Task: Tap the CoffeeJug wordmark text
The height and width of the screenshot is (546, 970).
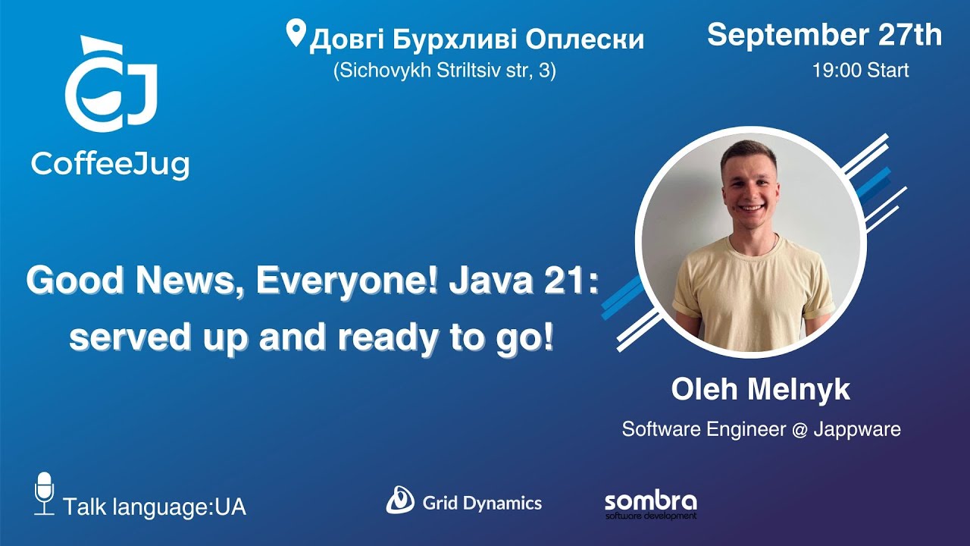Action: (111, 163)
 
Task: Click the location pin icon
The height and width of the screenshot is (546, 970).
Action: (295, 34)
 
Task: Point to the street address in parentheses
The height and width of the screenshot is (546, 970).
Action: (444, 71)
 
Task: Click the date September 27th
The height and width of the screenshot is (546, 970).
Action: (824, 35)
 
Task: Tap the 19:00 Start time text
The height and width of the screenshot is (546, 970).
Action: (860, 71)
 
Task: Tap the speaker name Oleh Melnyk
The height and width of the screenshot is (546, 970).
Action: (760, 390)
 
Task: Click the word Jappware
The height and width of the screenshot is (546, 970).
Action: (857, 429)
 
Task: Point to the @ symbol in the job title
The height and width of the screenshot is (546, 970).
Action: (799, 429)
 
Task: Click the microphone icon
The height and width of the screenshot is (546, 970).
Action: (45, 493)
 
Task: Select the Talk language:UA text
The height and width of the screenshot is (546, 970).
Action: (155, 507)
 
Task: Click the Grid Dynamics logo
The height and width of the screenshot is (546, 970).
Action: (464, 501)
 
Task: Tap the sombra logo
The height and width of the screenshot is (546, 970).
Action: (650, 504)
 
